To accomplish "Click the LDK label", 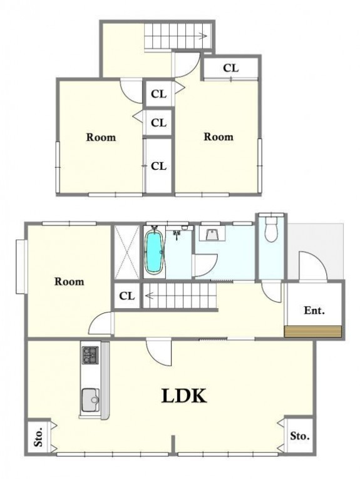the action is (x=184, y=396).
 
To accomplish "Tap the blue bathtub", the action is (x=155, y=252).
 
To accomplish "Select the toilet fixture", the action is (x=271, y=230).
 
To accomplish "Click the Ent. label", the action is (x=314, y=311).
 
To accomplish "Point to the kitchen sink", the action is (x=90, y=400).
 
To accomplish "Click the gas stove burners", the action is (x=90, y=355).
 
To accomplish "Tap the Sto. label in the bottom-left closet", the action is (x=38, y=437).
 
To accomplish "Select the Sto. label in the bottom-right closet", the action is (x=299, y=436).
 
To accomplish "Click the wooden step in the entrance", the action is (x=312, y=331).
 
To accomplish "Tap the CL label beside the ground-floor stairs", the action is (x=127, y=296).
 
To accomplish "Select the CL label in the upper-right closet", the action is (x=231, y=68).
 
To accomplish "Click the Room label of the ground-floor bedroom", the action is (x=69, y=281).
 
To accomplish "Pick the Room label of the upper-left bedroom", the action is (x=101, y=137).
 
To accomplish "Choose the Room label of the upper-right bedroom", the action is (x=219, y=136).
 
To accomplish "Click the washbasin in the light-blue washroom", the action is (x=212, y=234).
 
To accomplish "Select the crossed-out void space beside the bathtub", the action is (x=127, y=252).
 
